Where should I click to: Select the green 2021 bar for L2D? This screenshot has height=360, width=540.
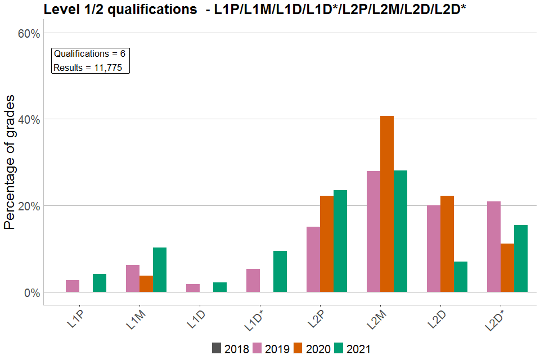pyautogui.click(x=461, y=277)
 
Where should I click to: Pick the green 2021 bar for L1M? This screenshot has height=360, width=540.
pyautogui.click(x=160, y=269)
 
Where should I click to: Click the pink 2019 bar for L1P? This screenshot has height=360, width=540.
pyautogui.click(x=73, y=286)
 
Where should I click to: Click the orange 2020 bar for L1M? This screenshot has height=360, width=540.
pyautogui.click(x=146, y=283)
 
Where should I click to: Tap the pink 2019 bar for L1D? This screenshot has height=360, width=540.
pyautogui.click(x=193, y=288)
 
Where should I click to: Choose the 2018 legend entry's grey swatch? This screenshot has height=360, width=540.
pyautogui.click(x=217, y=348)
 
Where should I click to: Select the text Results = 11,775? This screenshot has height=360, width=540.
pyautogui.click(x=91, y=68)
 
